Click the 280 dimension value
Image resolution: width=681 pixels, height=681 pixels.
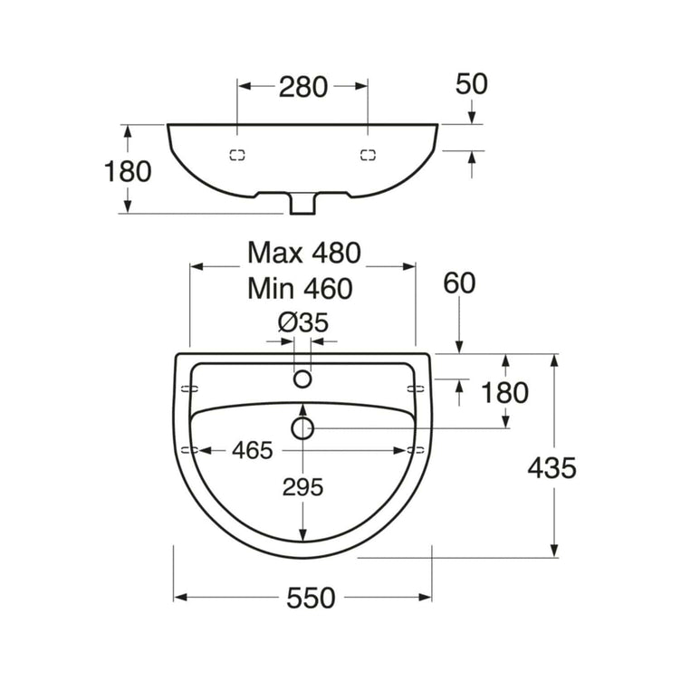pos(303,87)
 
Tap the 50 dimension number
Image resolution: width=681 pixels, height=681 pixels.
pos(471,84)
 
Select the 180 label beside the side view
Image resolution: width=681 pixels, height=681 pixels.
pos(128,171)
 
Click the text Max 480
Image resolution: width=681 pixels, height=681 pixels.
pos(304,253)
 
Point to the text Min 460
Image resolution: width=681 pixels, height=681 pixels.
pos(300,288)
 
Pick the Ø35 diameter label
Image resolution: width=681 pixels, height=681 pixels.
pos(303,322)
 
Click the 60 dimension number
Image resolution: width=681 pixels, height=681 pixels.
pos(459,283)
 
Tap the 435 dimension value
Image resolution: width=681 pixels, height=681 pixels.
pos(552,468)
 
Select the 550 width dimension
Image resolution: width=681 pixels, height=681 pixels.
pos(311,598)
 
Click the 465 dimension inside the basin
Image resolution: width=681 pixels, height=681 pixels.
pos(253,450)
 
